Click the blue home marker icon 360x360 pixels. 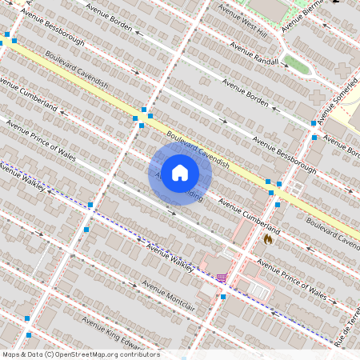coord(180,172)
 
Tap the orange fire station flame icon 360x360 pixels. coord(267,238)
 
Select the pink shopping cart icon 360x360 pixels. coord(221,278)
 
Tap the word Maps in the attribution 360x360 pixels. coord(11,354)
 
